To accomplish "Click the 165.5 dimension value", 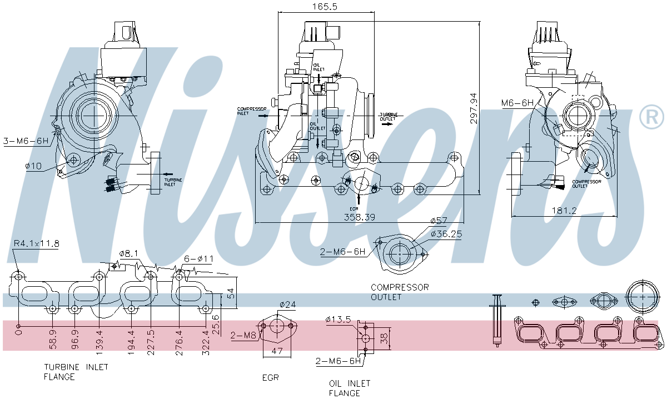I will click(326, 7).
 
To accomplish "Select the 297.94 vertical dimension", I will click(474, 108).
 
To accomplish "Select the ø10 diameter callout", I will click(33, 166).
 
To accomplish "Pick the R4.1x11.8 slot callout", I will click(37, 243).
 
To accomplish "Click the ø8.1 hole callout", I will click(128, 253).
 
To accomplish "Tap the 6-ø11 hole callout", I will click(198, 258).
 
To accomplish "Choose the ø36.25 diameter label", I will click(446, 234).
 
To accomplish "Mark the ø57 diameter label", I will click(439, 221).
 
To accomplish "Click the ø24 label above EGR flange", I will click(287, 304).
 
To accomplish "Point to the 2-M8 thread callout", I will click(243, 335).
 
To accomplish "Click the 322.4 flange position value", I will click(205, 340).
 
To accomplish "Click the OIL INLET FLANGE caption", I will click(349, 388).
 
